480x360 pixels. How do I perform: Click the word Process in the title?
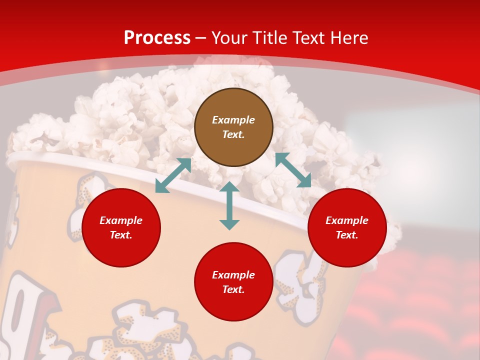pos(157,38)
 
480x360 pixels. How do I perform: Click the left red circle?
pos(121,227)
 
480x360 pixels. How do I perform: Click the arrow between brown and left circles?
pos(173,175)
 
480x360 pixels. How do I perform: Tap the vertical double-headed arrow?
pos(229,205)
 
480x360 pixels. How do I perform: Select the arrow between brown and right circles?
pos(293,170)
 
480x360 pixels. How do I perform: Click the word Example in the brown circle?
pos(233,120)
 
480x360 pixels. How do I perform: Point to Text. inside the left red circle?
pos(121,235)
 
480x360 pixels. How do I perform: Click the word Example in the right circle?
pos(347,220)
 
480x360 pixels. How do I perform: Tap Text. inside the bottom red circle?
pos(233,289)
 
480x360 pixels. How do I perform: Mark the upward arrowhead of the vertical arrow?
pos(229,187)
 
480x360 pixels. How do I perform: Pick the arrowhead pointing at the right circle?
pos(304,181)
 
